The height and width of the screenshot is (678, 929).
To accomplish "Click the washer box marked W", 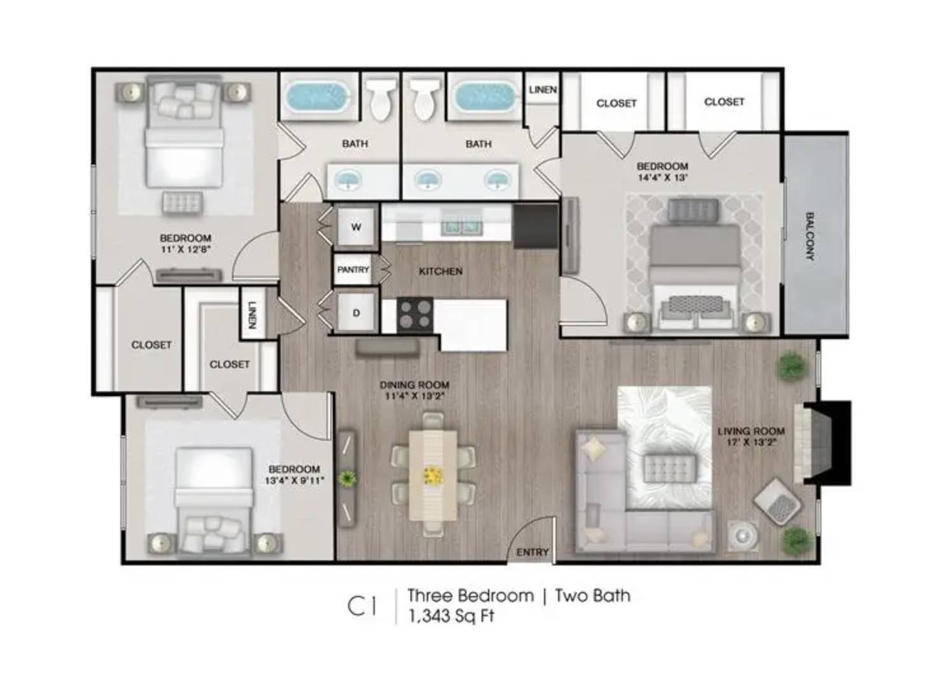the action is pyautogui.click(x=356, y=227).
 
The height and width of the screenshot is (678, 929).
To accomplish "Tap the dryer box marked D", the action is pyautogui.click(x=356, y=313).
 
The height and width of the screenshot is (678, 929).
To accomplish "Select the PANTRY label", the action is pyautogui.click(x=353, y=270).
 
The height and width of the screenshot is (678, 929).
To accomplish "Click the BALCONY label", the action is pyautogui.click(x=810, y=236).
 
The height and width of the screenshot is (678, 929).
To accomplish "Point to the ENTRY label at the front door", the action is pyautogui.click(x=533, y=553).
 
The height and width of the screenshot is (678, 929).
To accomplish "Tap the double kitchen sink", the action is pyautogui.click(x=461, y=226).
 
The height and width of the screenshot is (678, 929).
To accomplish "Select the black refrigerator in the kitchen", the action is pyautogui.click(x=535, y=226).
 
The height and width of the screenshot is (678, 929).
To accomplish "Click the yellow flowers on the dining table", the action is pyautogui.click(x=434, y=476).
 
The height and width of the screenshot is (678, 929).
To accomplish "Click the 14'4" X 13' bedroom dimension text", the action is pyautogui.click(x=663, y=178).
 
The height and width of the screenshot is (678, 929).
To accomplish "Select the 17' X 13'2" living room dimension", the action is pyautogui.click(x=751, y=442).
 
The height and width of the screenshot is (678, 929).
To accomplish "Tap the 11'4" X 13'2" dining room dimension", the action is pyautogui.click(x=415, y=396).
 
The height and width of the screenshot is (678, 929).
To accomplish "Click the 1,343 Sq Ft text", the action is pyautogui.click(x=451, y=616).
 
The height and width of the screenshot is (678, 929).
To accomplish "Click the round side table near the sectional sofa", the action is pyautogui.click(x=744, y=537).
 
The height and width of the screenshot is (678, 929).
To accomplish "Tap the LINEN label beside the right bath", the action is pyautogui.click(x=543, y=90).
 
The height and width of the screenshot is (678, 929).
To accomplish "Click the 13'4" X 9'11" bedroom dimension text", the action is pyautogui.click(x=294, y=481).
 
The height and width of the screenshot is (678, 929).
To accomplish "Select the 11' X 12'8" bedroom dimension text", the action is pyautogui.click(x=185, y=249).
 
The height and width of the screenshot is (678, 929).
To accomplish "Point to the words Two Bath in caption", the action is pyautogui.click(x=593, y=595).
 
